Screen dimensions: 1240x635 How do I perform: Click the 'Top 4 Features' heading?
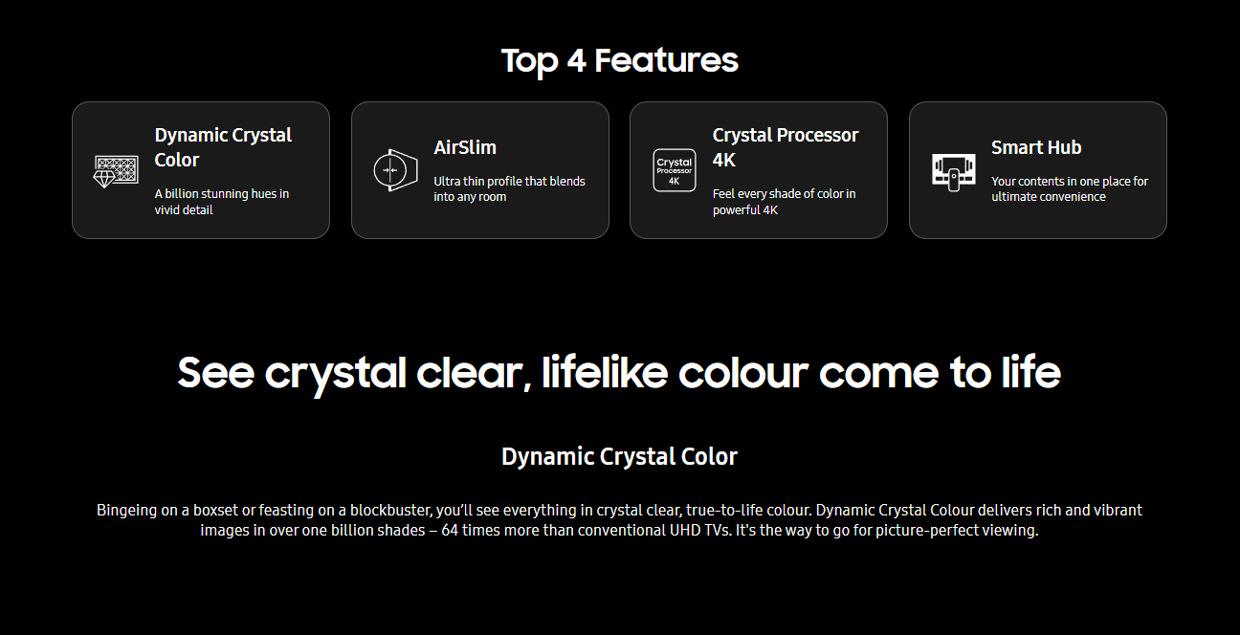[x=619, y=60]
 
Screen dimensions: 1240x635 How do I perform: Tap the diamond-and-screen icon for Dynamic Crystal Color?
[x=116, y=171]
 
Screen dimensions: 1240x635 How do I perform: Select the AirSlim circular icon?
[x=395, y=170]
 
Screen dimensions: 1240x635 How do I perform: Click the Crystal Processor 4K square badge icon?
[x=675, y=170]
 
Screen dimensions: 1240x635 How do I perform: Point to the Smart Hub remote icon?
[x=953, y=172]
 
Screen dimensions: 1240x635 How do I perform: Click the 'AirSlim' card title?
[x=465, y=147]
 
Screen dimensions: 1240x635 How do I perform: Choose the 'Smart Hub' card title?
[x=1036, y=147]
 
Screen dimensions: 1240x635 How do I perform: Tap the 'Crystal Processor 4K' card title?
[x=785, y=147]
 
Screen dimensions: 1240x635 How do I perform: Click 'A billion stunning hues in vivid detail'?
[x=221, y=202]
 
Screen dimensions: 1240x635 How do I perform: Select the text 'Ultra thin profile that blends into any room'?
[x=509, y=189]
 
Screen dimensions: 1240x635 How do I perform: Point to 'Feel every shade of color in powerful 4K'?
[x=784, y=202]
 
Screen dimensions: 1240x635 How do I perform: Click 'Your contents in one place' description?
[x=1070, y=189]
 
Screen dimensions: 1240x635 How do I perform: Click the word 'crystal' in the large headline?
[x=336, y=373]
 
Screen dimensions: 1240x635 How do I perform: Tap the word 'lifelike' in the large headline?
[x=605, y=372]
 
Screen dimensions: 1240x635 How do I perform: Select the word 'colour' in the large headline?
[x=743, y=373]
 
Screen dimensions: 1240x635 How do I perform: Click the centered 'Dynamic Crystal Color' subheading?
[x=619, y=457]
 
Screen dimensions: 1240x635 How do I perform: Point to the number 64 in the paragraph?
[x=450, y=531]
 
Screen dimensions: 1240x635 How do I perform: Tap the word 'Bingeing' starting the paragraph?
[x=126, y=511]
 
